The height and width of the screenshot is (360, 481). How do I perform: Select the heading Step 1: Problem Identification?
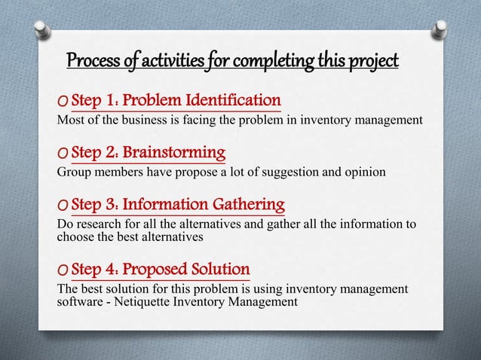click(176, 100)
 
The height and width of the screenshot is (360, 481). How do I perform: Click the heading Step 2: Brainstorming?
click(149, 154)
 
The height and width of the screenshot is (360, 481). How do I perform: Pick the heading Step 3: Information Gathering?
click(178, 204)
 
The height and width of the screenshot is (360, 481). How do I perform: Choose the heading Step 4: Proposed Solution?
click(161, 269)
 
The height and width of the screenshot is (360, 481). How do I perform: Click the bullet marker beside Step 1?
click(63, 102)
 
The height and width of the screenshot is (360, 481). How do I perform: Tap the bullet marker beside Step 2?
click(63, 156)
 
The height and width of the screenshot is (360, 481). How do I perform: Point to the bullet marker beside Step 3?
click(63, 206)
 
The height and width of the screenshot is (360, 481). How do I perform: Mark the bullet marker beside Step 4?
click(63, 271)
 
